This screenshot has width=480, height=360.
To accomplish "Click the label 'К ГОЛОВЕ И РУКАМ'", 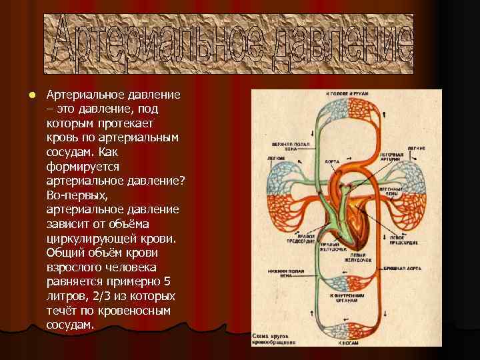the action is click(x=347, y=94).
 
